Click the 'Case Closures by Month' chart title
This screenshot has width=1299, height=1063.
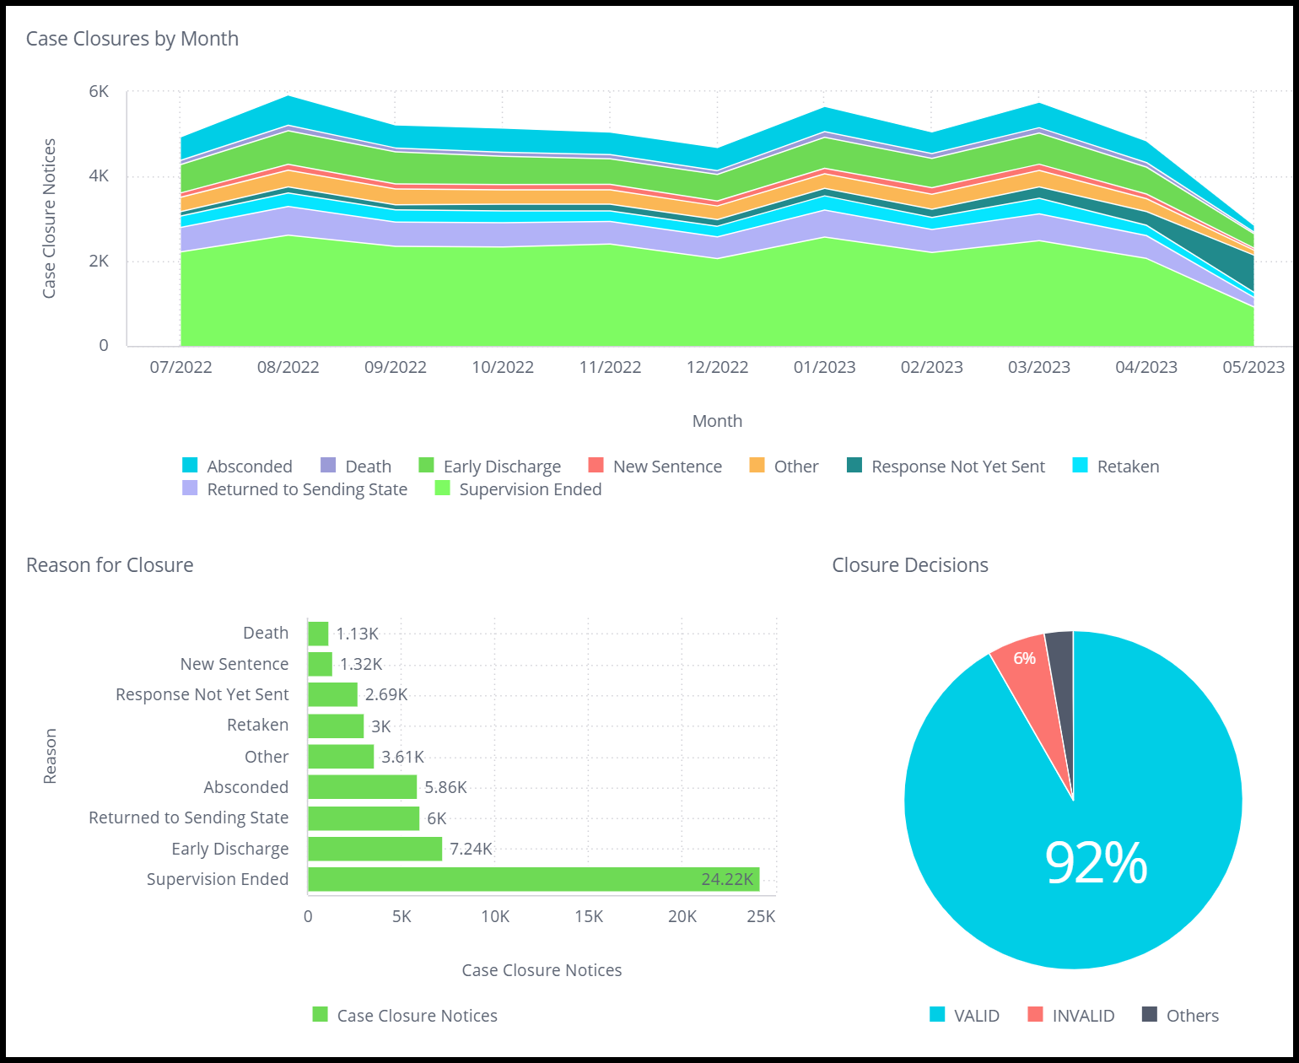(132, 39)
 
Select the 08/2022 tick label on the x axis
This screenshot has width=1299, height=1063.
(288, 367)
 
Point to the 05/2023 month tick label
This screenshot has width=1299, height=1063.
(1253, 367)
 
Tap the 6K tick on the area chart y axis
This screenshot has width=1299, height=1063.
(99, 91)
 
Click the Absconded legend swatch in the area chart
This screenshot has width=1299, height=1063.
(190, 466)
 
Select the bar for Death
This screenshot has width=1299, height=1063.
(318, 634)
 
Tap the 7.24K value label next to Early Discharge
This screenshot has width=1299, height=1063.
(471, 849)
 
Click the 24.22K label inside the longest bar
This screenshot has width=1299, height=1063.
(727, 879)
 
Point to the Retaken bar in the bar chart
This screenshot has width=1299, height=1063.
(336, 726)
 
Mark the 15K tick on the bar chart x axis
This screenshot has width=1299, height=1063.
(589, 916)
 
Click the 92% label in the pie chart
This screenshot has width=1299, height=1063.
(1096, 863)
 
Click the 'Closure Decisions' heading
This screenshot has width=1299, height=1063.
(910, 565)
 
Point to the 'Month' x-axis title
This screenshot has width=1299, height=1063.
(717, 421)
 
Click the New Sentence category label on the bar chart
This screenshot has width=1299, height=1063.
(234, 664)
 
